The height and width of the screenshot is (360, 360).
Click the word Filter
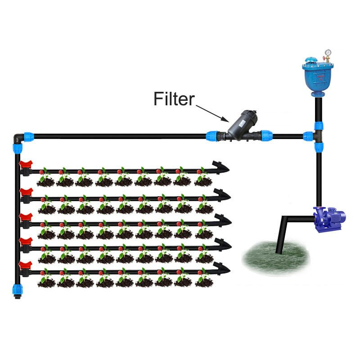pyautogui.click(x=174, y=99)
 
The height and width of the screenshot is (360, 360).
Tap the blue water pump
pyautogui.click(x=330, y=218)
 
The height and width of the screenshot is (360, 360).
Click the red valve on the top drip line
pyautogui.click(x=26, y=168)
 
